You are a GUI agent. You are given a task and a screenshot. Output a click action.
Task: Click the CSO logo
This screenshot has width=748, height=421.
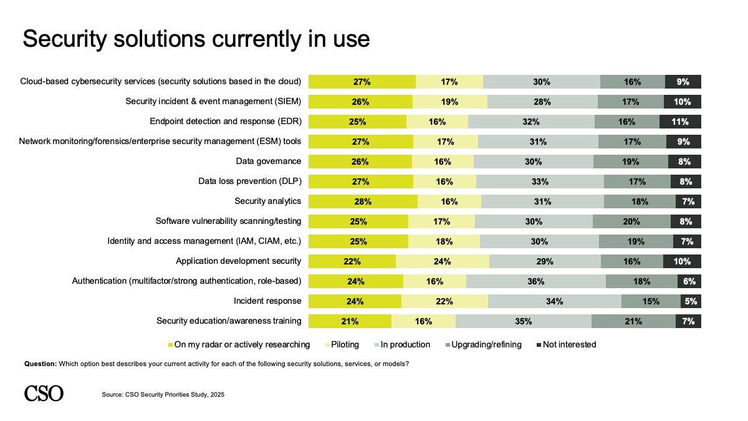point(44,393)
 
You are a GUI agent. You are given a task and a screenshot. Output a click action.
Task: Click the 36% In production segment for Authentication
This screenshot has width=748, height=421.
point(535,281)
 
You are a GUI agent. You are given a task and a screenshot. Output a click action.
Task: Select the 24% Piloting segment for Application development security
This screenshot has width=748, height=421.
point(443,261)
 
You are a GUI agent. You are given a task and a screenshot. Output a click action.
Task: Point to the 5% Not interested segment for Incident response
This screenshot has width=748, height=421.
point(691,301)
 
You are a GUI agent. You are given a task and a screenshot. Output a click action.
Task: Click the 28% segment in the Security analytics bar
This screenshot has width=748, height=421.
point(363,201)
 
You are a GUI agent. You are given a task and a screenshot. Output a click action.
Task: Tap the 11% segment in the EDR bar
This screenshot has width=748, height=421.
point(680,122)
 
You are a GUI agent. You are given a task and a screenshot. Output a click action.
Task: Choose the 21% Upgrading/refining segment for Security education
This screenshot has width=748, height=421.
point(633,321)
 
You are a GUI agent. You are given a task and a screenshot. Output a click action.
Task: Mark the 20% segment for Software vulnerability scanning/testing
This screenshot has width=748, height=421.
point(631,221)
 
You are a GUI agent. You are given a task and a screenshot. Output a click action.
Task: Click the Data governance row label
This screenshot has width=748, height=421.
point(269,162)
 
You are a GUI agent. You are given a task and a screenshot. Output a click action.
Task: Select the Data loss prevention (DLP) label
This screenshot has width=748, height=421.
point(249,181)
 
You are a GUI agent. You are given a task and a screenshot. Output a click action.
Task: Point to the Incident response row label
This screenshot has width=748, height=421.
point(267,301)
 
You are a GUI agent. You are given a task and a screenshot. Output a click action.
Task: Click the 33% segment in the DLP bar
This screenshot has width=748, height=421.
point(540,181)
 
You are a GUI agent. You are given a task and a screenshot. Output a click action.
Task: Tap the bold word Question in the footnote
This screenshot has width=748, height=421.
point(40,364)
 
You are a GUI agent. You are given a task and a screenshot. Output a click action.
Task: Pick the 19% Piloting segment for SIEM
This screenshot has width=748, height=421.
point(449,102)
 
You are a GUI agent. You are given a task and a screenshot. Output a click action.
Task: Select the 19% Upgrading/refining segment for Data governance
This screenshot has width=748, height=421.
point(630,162)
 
